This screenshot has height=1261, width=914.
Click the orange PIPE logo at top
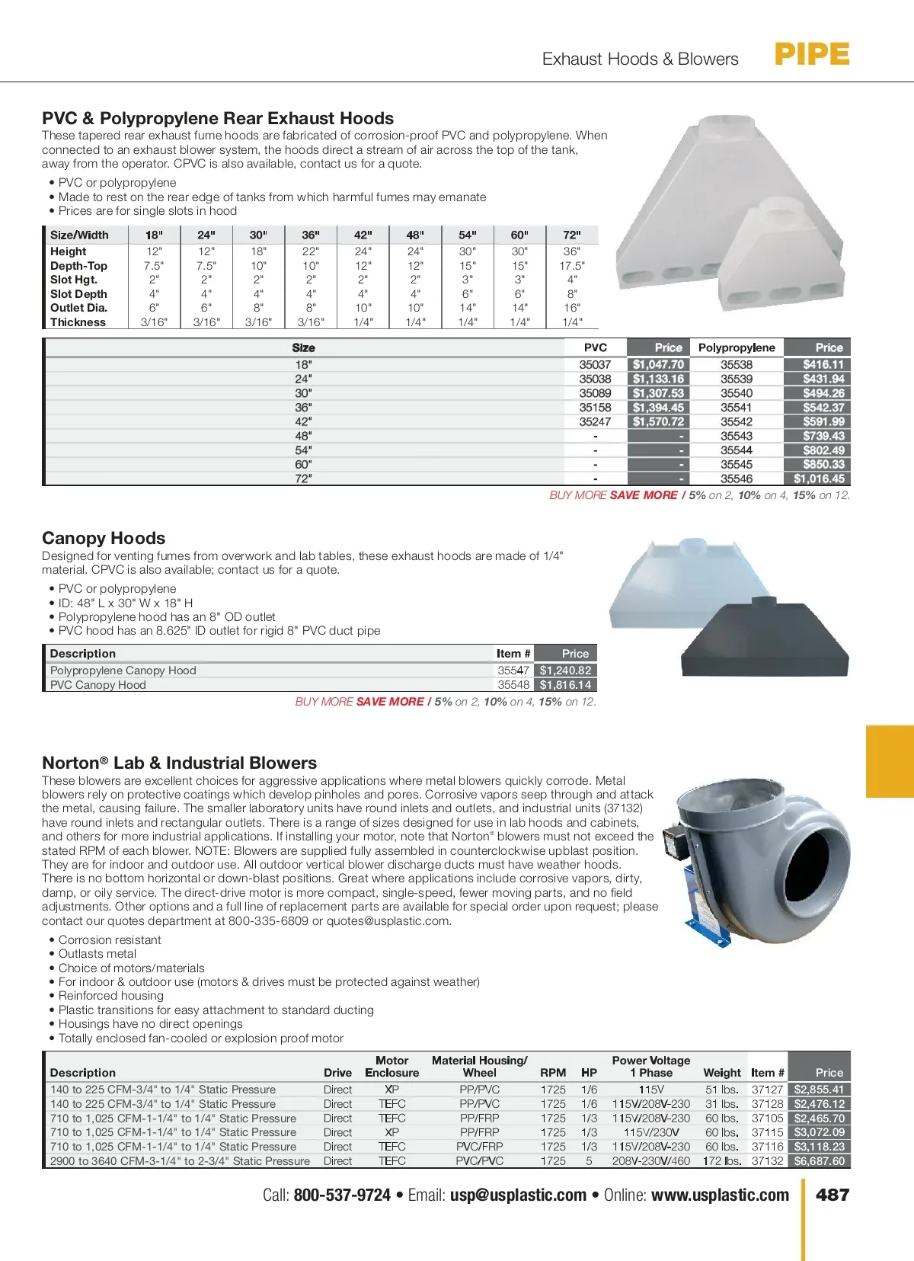(812, 55)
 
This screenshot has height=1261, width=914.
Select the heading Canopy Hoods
(104, 538)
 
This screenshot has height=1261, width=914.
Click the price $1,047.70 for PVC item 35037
(658, 365)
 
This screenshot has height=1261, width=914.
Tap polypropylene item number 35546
(736, 478)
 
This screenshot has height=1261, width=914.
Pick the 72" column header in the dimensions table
(572, 235)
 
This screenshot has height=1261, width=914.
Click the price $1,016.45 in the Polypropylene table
(818, 478)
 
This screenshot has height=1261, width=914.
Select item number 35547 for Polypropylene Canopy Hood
(513, 671)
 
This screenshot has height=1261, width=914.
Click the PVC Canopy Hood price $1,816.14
(565, 685)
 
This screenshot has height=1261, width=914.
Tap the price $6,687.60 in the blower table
(819, 1161)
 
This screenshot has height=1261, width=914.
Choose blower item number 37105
(767, 1119)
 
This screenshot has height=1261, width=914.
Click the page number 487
(833, 1195)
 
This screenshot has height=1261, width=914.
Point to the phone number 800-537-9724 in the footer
(342, 1195)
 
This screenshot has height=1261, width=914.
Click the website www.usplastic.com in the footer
(720, 1195)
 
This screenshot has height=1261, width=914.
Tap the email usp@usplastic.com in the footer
(518, 1195)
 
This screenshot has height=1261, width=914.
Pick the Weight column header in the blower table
(721, 1072)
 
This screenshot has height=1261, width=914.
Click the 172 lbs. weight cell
(721, 1161)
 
